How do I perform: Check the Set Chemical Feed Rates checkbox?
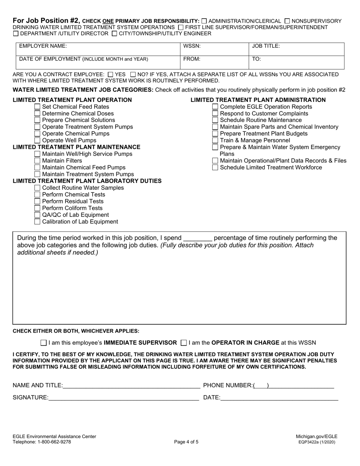[37, 107]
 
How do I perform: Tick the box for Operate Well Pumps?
[37, 141]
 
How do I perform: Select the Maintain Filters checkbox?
[37, 161]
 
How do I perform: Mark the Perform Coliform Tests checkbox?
[37, 208]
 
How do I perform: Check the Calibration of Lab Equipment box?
[37, 222]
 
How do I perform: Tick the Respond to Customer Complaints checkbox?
[215, 114]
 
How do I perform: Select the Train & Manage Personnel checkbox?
[215, 141]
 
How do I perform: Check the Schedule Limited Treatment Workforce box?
[215, 167]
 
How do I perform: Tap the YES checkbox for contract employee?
[110, 75]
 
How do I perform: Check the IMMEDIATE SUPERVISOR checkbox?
[44, 343]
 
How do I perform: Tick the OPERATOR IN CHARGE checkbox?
[184, 343]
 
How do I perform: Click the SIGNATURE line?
[124, 397]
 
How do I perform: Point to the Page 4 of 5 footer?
[186, 442]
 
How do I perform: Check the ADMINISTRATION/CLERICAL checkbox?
[205, 21]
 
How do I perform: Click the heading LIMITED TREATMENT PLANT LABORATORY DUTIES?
[87, 181]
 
